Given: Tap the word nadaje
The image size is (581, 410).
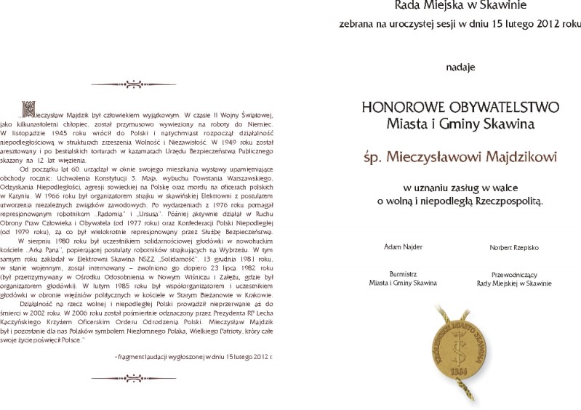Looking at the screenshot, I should (460, 68).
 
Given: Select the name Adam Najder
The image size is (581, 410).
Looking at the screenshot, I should (403, 247).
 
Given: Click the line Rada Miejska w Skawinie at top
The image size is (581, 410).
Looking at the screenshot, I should (460, 6).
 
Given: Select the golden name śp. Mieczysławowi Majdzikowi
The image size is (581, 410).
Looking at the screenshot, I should (460, 156).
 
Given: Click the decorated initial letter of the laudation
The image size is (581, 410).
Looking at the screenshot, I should (28, 110).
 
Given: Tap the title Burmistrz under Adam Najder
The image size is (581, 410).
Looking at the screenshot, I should (402, 274).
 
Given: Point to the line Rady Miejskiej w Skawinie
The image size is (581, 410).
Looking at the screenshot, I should (516, 283).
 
